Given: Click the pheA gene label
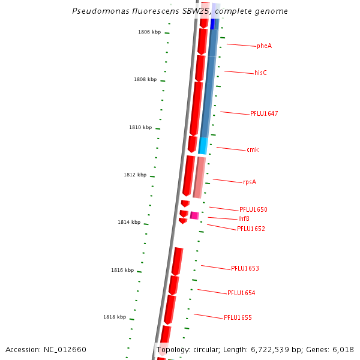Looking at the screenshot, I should tap(264, 46).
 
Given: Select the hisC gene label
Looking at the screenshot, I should tap(260, 73).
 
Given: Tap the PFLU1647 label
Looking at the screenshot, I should tap(264, 114).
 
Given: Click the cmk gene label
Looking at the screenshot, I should tap(253, 150).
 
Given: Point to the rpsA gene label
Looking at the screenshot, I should tap(250, 182).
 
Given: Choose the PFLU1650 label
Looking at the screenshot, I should tap(253, 210).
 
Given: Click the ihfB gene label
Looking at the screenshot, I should tap(244, 219).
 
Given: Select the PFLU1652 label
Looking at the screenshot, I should tap(251, 229).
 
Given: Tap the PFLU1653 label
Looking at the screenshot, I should tap(245, 269).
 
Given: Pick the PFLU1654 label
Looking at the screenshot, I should tap(241, 293).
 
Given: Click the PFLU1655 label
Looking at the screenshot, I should tap(238, 318).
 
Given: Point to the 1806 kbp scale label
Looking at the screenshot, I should tap(149, 32).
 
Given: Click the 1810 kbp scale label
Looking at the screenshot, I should tap(140, 128).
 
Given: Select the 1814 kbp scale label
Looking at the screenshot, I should tap(129, 223).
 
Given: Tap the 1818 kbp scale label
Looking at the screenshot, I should tap(115, 317).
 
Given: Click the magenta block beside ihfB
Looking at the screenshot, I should tap(194, 215).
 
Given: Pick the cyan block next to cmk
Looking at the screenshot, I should tap(203, 145).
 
